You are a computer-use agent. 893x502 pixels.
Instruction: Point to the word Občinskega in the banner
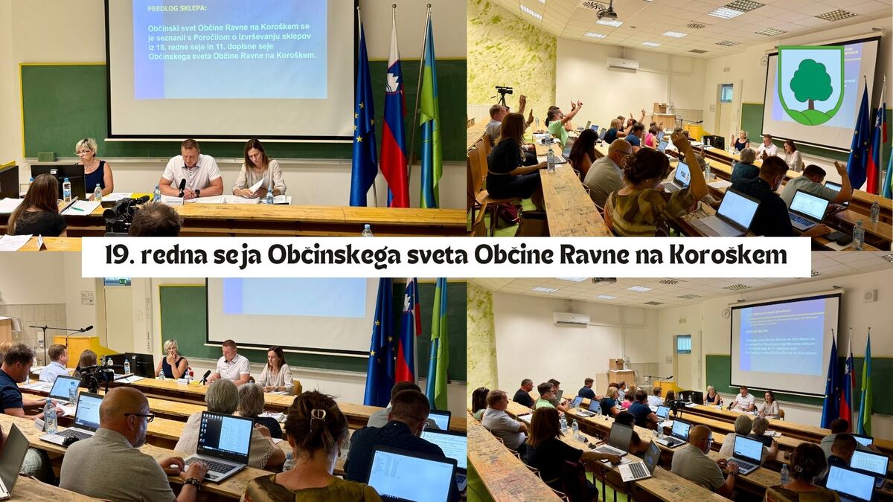click(331, 256)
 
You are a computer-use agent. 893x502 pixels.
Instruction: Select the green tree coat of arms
click(811, 84)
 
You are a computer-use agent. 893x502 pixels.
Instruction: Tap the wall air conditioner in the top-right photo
click(622, 65)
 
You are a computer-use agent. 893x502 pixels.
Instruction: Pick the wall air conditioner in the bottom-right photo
click(571, 319)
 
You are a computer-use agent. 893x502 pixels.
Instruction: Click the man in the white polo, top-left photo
click(191, 169)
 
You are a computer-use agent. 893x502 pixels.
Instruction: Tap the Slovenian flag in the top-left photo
click(394, 126)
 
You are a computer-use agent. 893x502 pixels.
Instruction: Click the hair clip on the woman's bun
click(319, 415)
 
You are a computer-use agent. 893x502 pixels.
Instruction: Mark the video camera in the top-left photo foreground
click(123, 213)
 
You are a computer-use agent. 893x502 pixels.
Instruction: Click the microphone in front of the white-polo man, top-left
click(181, 187)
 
